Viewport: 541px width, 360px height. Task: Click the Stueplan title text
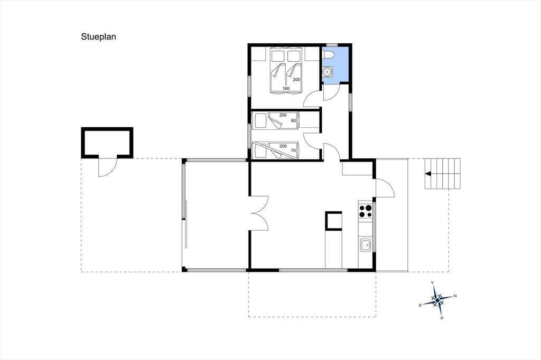coord(98,37)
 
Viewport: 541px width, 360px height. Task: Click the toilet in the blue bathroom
coord(328,55)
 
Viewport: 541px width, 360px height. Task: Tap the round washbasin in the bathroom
coord(327,71)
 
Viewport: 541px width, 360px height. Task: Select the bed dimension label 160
coord(286,89)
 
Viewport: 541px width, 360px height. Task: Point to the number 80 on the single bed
coord(293,121)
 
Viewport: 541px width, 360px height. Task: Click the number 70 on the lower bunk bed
coord(293,150)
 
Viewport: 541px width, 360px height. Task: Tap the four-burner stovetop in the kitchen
coord(366,211)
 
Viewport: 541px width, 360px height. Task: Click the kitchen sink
coord(366,245)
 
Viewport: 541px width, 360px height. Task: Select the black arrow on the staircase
coord(428,174)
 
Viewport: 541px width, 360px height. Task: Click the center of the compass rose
coord(437,301)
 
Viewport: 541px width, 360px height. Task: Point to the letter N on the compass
coord(455,296)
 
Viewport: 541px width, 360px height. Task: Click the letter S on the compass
coord(420,305)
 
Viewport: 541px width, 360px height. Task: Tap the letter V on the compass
coord(432,283)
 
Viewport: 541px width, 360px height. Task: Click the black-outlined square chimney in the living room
coord(333,221)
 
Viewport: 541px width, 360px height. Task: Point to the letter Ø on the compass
coord(442,318)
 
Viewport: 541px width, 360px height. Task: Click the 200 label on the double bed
coord(296,80)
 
